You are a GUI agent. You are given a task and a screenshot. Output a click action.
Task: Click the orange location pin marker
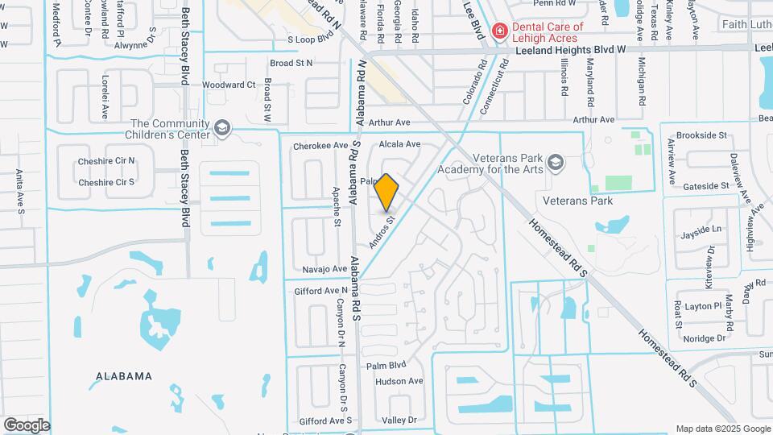point(386,193)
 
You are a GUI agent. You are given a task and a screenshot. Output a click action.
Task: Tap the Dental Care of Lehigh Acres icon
point(500,31)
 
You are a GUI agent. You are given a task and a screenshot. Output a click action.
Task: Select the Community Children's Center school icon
point(221,128)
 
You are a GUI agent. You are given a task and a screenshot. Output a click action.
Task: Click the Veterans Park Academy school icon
point(555,164)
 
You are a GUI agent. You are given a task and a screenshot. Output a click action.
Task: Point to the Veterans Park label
point(577,201)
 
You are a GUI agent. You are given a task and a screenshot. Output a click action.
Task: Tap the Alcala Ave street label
point(399,144)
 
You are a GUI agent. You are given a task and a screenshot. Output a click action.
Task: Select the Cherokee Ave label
point(320,146)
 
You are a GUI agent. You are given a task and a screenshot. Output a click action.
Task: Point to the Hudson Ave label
point(399,381)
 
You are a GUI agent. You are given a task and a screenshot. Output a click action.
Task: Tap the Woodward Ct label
point(228,85)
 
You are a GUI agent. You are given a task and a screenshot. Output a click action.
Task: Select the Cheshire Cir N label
point(106,161)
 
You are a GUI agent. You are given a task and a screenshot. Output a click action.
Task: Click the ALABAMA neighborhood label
point(124,376)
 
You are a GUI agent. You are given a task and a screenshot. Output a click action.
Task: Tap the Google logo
point(27,425)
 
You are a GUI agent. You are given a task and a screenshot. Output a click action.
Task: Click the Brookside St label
point(701,135)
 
